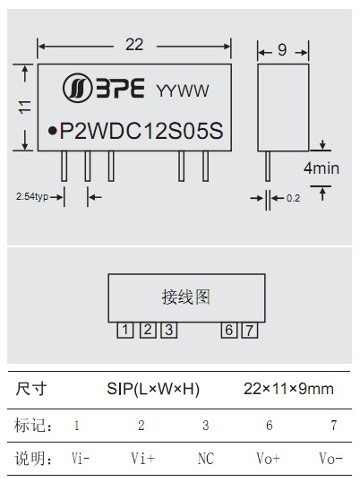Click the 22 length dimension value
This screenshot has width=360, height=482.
[134, 45]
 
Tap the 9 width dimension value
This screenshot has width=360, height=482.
[282, 50]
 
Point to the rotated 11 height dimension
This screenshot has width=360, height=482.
[25, 107]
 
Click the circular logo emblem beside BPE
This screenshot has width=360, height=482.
[77, 88]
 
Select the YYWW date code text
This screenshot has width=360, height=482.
[183, 90]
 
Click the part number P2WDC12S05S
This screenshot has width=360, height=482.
[141, 130]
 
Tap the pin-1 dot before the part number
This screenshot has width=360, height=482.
[53, 131]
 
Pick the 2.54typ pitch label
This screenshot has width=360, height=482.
[32, 196]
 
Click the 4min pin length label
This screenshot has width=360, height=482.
[321, 168]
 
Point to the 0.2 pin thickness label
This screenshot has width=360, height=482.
[293, 198]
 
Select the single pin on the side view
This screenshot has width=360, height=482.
[268, 166]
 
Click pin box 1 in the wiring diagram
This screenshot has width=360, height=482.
[125, 331]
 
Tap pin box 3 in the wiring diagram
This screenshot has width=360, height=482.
[169, 331]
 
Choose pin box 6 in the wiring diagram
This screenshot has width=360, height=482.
[229, 331]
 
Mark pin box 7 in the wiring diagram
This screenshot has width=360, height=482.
[250, 331]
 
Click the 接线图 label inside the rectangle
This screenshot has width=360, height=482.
[186, 297]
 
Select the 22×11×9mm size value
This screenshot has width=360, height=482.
[288, 389]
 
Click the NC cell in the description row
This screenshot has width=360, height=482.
[205, 459]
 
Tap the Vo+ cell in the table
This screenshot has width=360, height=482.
[269, 459]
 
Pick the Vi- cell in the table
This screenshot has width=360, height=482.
[81, 459]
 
